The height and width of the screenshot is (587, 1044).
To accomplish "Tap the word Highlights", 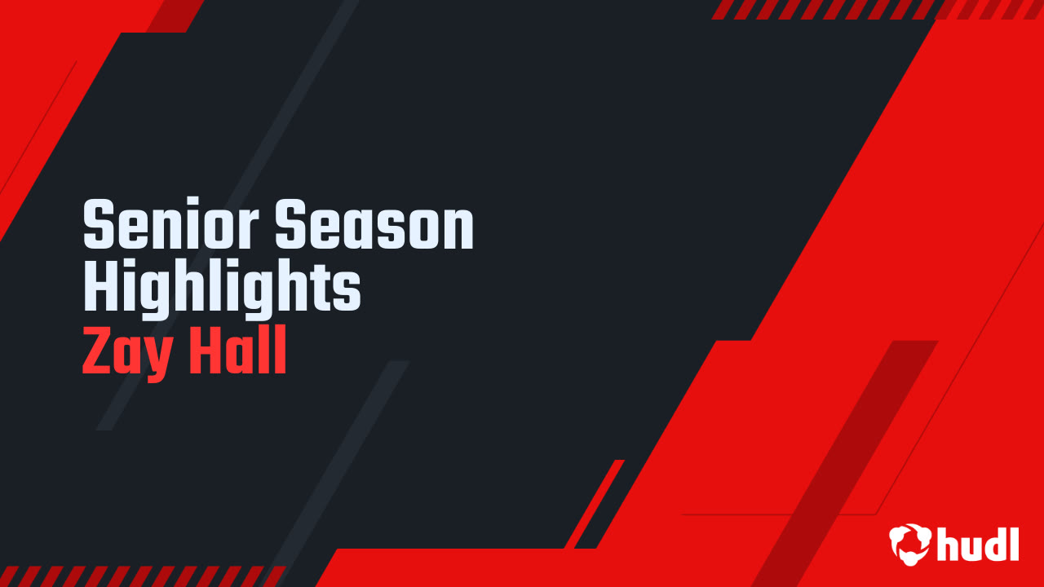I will click(x=222, y=289).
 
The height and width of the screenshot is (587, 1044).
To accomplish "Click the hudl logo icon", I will click(x=910, y=544).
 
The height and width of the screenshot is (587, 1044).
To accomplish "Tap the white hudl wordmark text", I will click(x=978, y=544).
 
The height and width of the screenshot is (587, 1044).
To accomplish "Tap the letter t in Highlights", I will click(x=322, y=289).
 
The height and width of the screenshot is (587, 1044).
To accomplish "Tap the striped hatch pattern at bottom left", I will click(x=139, y=576).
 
